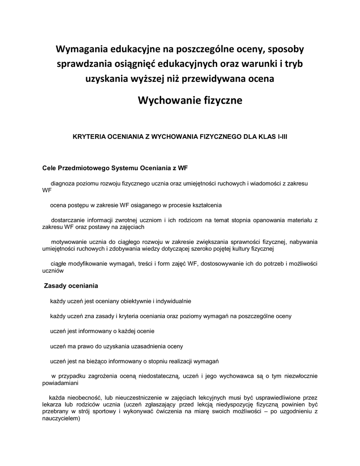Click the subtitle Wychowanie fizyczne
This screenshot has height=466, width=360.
point(190,100)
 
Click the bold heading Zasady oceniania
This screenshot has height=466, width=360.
point(71,286)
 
